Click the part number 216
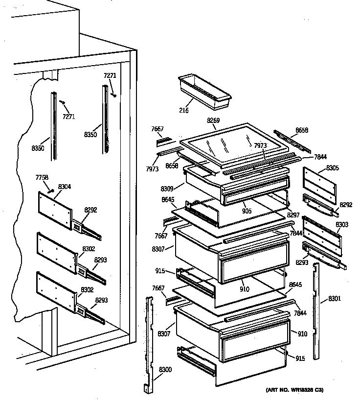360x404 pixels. click(184, 111)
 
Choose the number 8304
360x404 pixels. click(65, 186)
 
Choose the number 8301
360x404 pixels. click(335, 298)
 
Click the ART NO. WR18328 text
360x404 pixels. click(294, 390)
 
